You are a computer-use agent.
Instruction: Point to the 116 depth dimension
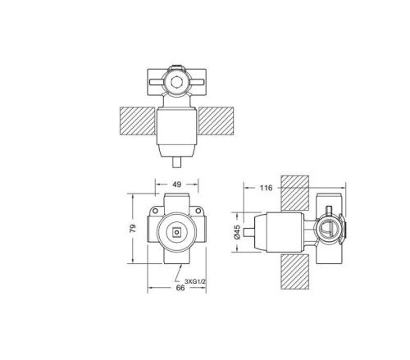[265, 189]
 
